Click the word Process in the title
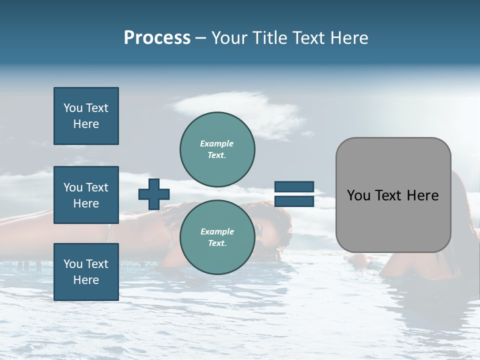coord(157,38)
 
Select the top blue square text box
coord(86,116)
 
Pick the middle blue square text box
coord(86,195)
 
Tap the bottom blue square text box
coord(86,271)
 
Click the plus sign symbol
coord(154,194)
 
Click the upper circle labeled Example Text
coord(217,149)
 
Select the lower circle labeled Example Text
coord(217,237)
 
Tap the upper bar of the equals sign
coord(294,187)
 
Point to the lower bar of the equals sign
coord(294,201)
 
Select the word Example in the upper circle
coord(217,143)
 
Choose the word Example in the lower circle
coord(217,231)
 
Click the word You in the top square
coord(73,108)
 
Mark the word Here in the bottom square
coord(86,280)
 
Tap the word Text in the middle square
coord(97,187)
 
